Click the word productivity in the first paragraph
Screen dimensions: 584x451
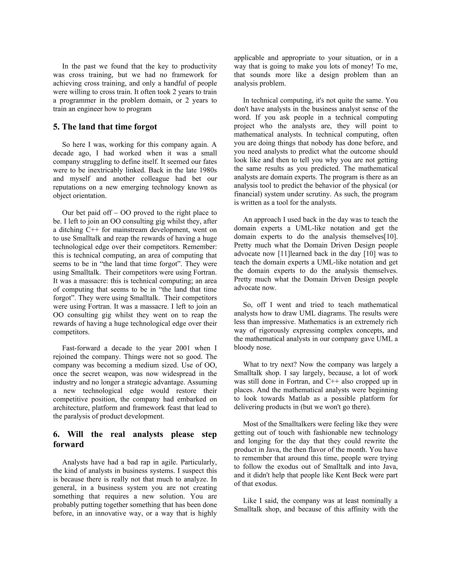click(x=199, y=66)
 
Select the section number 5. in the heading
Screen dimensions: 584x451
click(x=56, y=127)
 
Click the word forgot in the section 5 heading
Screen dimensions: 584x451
click(x=145, y=127)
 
